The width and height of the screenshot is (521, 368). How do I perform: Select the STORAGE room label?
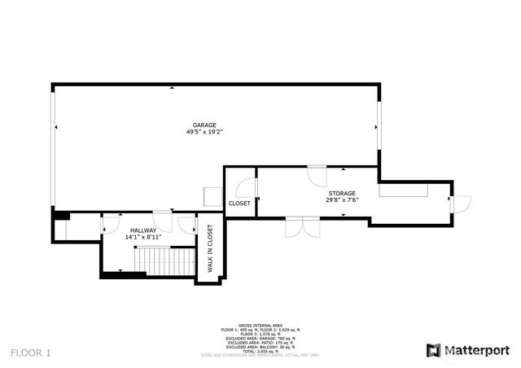pyautogui.click(x=342, y=193)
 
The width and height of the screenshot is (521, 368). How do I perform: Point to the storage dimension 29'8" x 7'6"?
pyautogui.click(x=342, y=200)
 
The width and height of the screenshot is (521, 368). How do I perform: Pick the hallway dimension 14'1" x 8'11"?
pyautogui.click(x=142, y=239)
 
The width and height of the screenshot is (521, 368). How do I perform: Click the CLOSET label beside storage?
pyautogui.click(x=239, y=203)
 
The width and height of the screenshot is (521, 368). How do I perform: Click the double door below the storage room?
pyautogui.click(x=302, y=227)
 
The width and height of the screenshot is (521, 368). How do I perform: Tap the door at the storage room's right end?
pyautogui.click(x=460, y=204)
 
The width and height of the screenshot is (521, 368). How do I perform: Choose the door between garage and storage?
pyautogui.click(x=317, y=175)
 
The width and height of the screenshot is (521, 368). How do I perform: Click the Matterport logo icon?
pyautogui.click(x=433, y=350)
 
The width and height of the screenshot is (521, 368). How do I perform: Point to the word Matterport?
pyautogui.click(x=476, y=350)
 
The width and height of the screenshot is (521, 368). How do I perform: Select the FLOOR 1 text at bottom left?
pyautogui.click(x=31, y=353)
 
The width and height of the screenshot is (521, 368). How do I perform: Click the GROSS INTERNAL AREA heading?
pyautogui.click(x=260, y=324)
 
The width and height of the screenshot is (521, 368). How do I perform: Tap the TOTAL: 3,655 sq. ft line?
pyautogui.click(x=260, y=351)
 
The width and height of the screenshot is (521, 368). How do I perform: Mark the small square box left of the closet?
pyautogui.click(x=212, y=195)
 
